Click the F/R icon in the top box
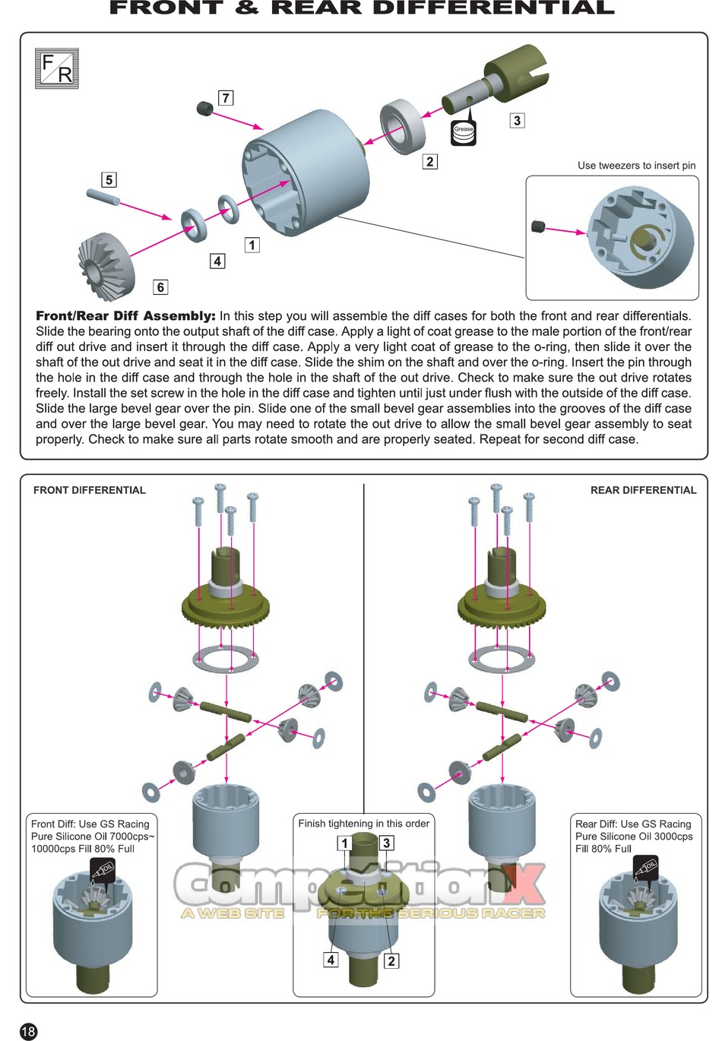[57, 68]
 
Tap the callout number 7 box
[226, 97]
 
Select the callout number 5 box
[109, 179]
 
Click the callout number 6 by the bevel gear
[160, 286]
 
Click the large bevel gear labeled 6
[105, 261]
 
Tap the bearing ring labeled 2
[403, 126]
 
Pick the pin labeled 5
[103, 197]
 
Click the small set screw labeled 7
[205, 109]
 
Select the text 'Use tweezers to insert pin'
[636, 166]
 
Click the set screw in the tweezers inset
[538, 226]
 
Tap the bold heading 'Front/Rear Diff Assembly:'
[125, 316]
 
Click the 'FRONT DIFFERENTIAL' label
[89, 490]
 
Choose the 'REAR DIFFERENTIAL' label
[644, 490]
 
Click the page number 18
[28, 1031]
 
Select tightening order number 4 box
[331, 959]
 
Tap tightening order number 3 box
[386, 842]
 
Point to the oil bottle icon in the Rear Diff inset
[646, 867]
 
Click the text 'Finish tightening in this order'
[363, 824]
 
